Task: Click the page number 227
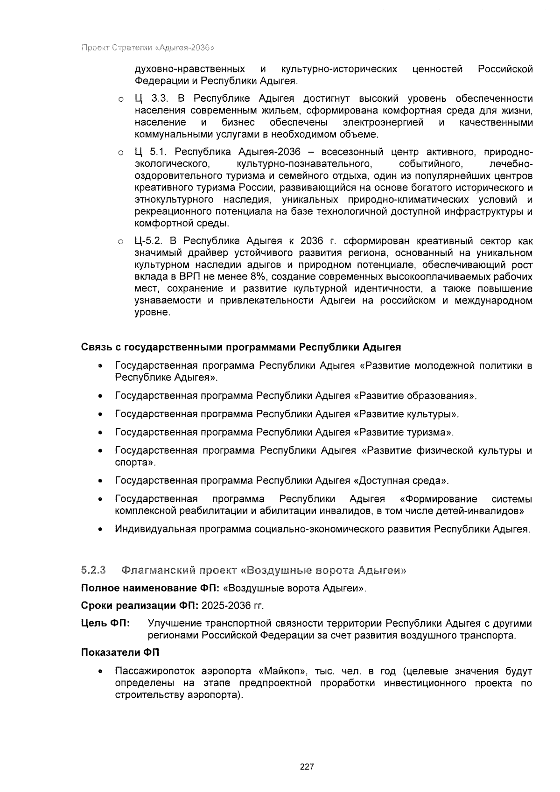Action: pyautogui.click(x=307, y=767)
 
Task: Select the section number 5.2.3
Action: pyautogui.click(x=94, y=570)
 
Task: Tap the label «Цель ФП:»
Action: pyautogui.click(x=106, y=624)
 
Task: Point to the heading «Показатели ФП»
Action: pyautogui.click(x=120, y=653)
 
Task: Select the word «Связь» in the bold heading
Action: pyautogui.click(x=96, y=348)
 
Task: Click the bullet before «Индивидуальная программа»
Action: pyautogui.click(x=100, y=530)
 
